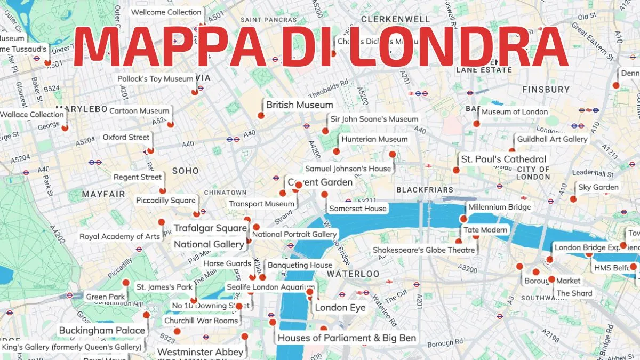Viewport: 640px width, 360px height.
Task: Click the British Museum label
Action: pyautogui.click(x=299, y=105)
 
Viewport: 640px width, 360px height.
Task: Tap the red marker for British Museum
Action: pyautogui.click(x=261, y=115)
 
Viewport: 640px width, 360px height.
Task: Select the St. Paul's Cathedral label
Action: pyautogui.click(x=503, y=159)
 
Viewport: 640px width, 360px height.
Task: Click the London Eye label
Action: pyautogui.click(x=340, y=308)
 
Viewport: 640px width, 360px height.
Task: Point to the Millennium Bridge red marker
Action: pyautogui.click(x=463, y=219)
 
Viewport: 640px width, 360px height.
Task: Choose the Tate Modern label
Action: pyautogui.click(x=485, y=230)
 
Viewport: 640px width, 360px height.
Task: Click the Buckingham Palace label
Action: pyautogui.click(x=102, y=330)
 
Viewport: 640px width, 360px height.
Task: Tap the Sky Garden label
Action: pyautogui.click(x=598, y=187)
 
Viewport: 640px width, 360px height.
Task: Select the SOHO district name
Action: pyautogui.click(x=185, y=171)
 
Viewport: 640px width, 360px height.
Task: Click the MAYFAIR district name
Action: pyautogui.click(x=103, y=195)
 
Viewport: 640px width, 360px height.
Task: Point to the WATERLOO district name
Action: pyautogui.click(x=353, y=274)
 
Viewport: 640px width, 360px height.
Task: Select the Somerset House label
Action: pyautogui.click(x=357, y=209)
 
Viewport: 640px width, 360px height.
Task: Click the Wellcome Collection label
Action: pyautogui.click(x=166, y=12)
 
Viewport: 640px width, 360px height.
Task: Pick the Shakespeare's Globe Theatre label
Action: pyautogui.click(x=423, y=250)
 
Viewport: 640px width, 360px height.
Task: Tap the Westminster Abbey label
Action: pyautogui.click(x=200, y=352)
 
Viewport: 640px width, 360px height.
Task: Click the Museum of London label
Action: pyautogui.click(x=514, y=111)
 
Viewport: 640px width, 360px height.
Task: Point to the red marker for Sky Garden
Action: pyautogui.click(x=573, y=199)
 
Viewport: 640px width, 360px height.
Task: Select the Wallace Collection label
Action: pyautogui.click(x=32, y=114)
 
